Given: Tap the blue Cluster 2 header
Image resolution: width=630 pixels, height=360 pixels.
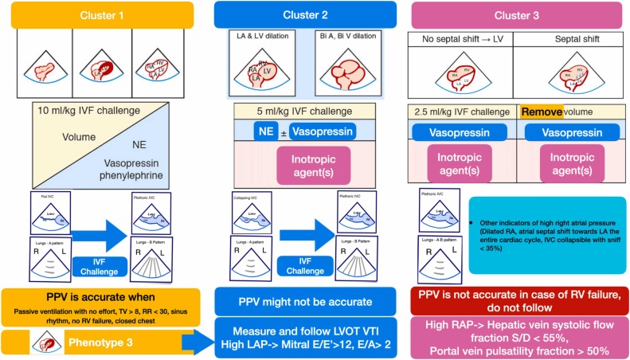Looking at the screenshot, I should (316, 15).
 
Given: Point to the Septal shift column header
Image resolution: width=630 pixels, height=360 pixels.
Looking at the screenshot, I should (571, 38).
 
